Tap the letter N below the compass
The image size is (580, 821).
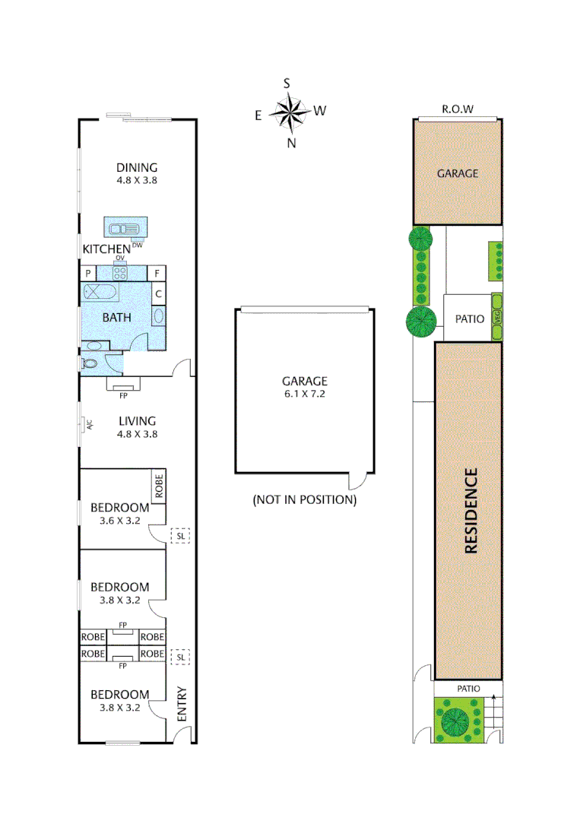click(291, 143)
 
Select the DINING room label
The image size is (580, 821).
click(137, 168)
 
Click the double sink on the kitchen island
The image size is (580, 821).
click(125, 228)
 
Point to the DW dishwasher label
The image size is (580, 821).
click(137, 245)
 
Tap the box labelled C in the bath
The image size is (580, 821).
click(158, 293)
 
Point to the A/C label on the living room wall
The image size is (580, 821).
click(88, 424)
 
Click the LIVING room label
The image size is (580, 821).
click(137, 420)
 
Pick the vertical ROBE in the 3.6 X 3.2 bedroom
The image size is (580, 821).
click(159, 486)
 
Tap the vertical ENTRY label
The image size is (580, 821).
click(182, 705)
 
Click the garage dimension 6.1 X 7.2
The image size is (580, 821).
click(304, 394)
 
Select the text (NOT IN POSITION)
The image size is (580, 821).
click(304, 500)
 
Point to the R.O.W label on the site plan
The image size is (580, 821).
click(458, 109)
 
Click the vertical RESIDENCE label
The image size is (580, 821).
click(471, 510)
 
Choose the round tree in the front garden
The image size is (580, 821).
click(455, 719)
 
